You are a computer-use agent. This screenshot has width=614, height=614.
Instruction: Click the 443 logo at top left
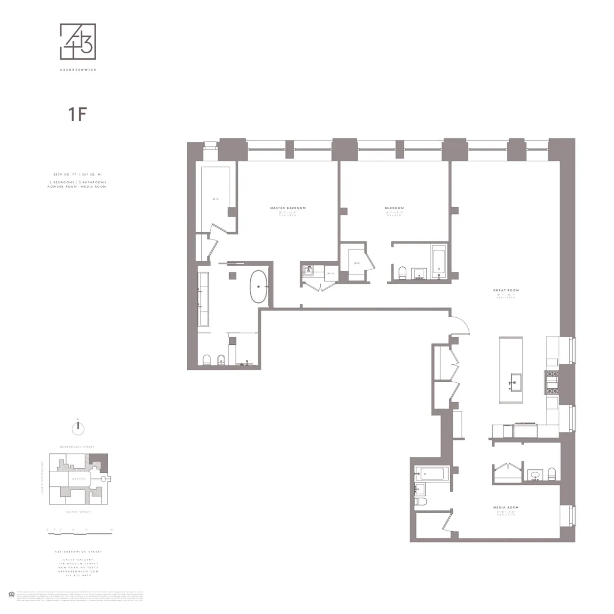pyautogui.click(x=78, y=42)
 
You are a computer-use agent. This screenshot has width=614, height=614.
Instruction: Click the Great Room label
pyautogui.click(x=506, y=290)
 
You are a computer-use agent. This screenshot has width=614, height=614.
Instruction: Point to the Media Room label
pyautogui.click(x=506, y=508)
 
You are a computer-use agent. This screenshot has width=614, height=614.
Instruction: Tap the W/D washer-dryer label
pyautogui.click(x=331, y=273)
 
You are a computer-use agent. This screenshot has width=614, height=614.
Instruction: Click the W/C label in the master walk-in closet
pyautogui.click(x=216, y=199)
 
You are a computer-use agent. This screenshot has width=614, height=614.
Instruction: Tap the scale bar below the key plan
pyautogui.click(x=79, y=533)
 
